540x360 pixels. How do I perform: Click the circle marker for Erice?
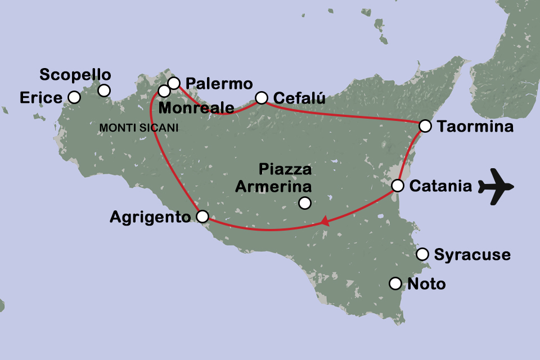pyautogui.click(x=74, y=97)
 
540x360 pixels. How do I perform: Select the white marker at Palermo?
pyautogui.click(x=174, y=83)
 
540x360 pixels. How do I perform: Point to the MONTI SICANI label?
pyautogui.click(x=138, y=128)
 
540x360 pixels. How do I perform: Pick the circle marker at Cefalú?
pyautogui.click(x=262, y=98)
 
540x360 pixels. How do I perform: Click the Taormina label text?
pyautogui.click(x=475, y=127)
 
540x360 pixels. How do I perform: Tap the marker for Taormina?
pyautogui.click(x=425, y=125)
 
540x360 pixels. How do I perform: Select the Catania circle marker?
pyautogui.click(x=397, y=186)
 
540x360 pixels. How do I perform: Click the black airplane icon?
pyautogui.click(x=497, y=186)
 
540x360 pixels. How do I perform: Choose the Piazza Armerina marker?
pyautogui.click(x=305, y=202)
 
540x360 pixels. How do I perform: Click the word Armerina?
pyautogui.click(x=272, y=186)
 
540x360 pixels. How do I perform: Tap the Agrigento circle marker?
pyautogui.click(x=202, y=216)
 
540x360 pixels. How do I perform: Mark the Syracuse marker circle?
pyautogui.click(x=422, y=254)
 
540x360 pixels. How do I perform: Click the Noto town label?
pyautogui.click(x=426, y=284)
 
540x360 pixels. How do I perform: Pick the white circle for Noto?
pyautogui.click(x=395, y=283)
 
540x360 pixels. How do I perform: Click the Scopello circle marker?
pyautogui.click(x=104, y=90)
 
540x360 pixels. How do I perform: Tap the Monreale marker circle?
pyautogui.click(x=164, y=91)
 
